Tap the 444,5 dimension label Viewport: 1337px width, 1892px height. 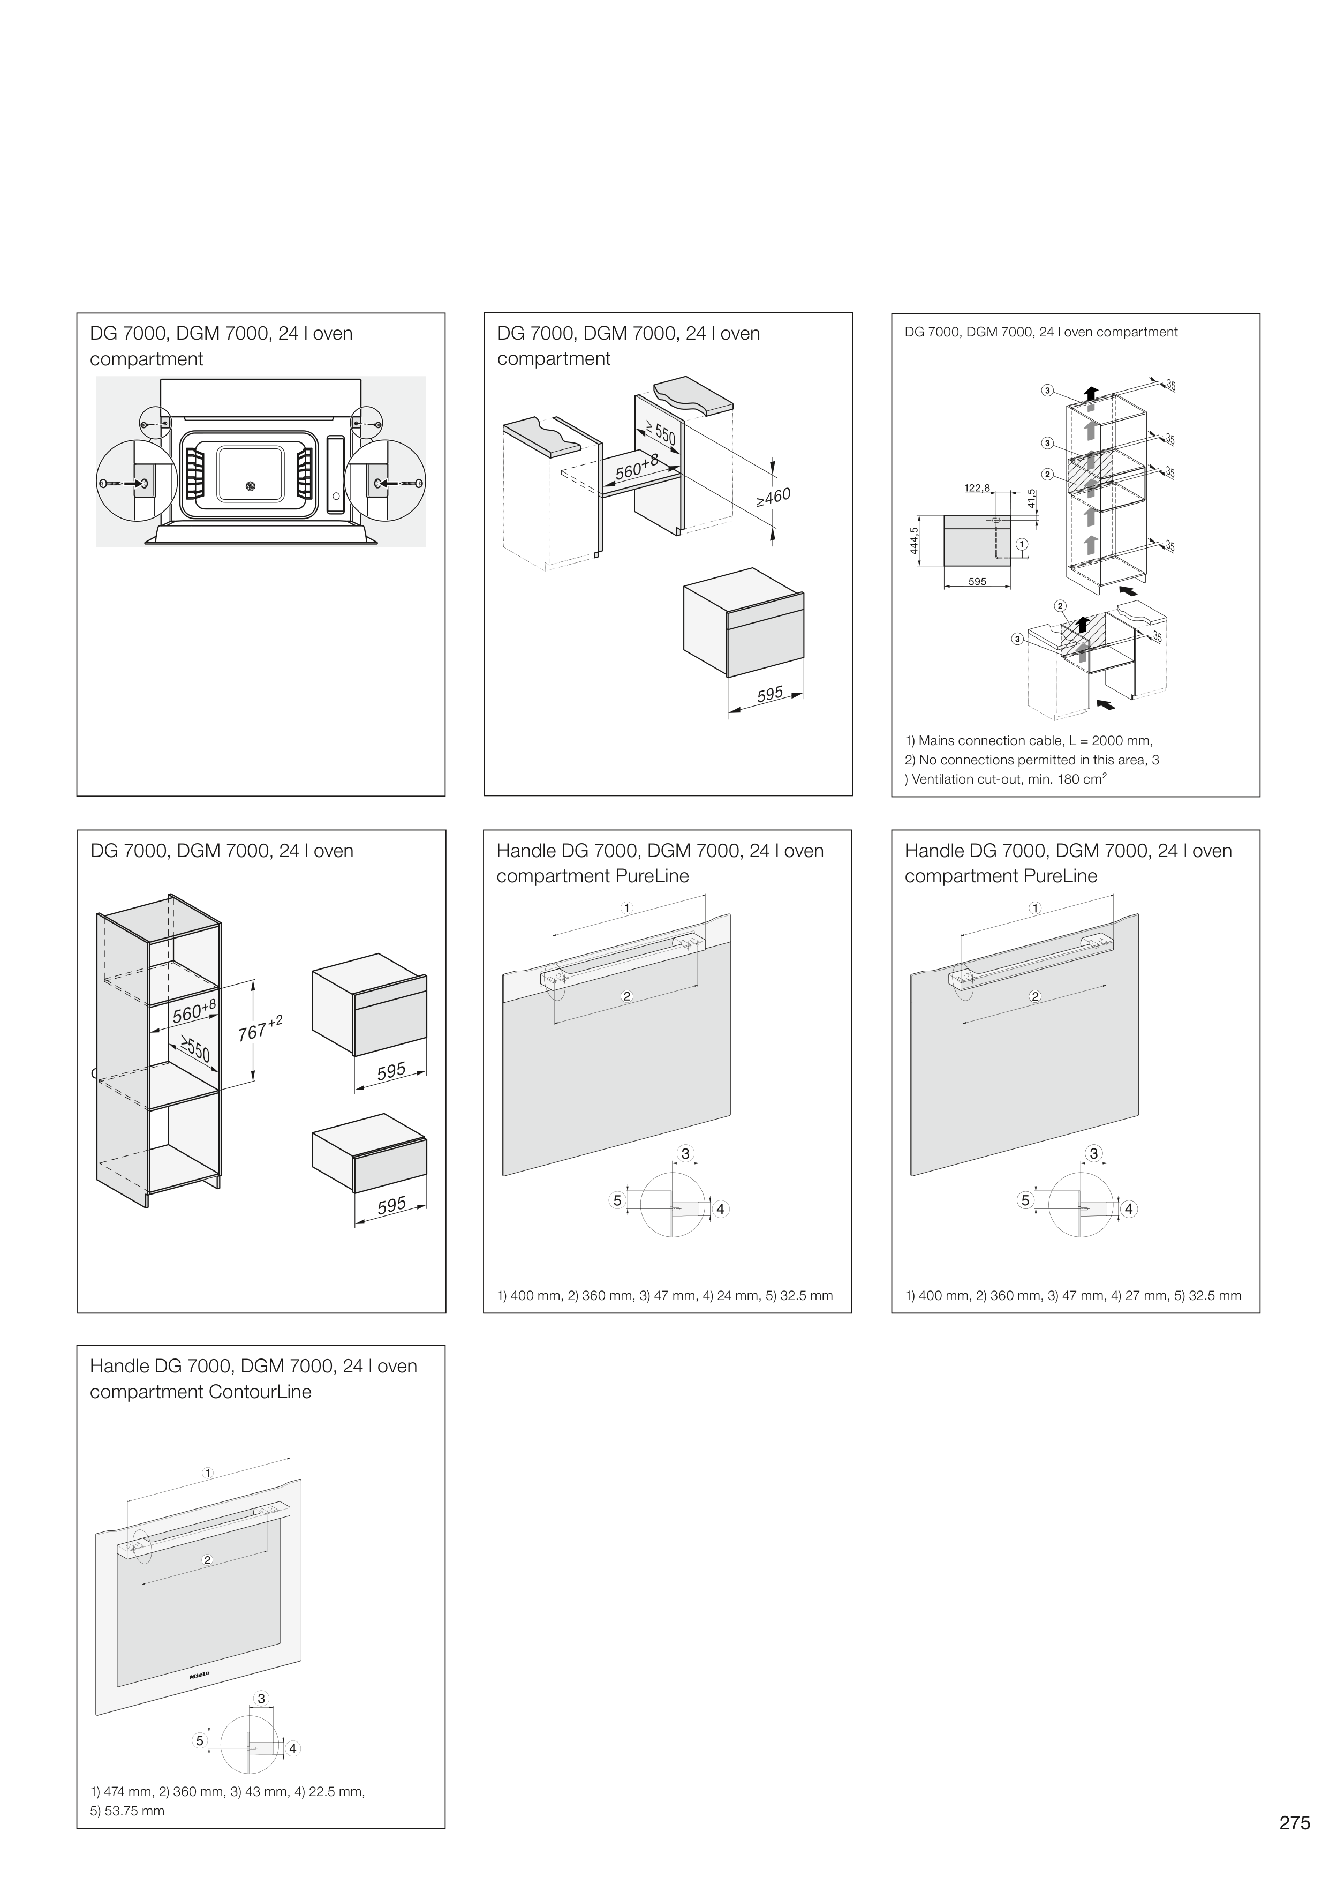coord(915,542)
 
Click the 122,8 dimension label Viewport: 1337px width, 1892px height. coord(977,488)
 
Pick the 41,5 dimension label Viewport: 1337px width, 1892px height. coord(1032,499)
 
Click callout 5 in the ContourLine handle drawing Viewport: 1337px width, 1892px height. coord(199,1740)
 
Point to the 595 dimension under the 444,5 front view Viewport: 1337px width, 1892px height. coord(977,582)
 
